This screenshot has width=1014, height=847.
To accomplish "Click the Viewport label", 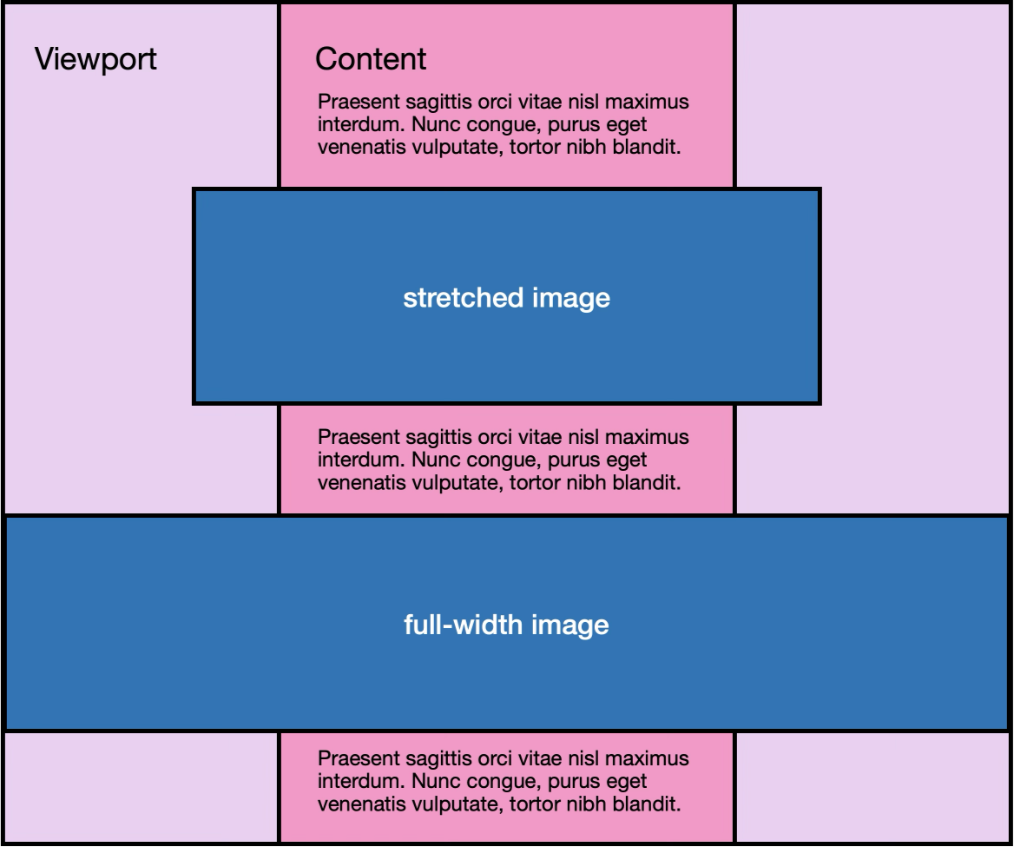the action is (x=95, y=60).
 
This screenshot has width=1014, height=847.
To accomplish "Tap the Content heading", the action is (x=371, y=59).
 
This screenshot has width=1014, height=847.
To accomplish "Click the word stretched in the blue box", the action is (x=463, y=298).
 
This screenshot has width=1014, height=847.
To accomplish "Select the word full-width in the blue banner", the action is (x=463, y=625).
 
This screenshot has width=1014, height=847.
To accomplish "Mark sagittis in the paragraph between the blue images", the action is (x=438, y=438).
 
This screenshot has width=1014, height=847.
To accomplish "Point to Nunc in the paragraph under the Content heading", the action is (x=432, y=123).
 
